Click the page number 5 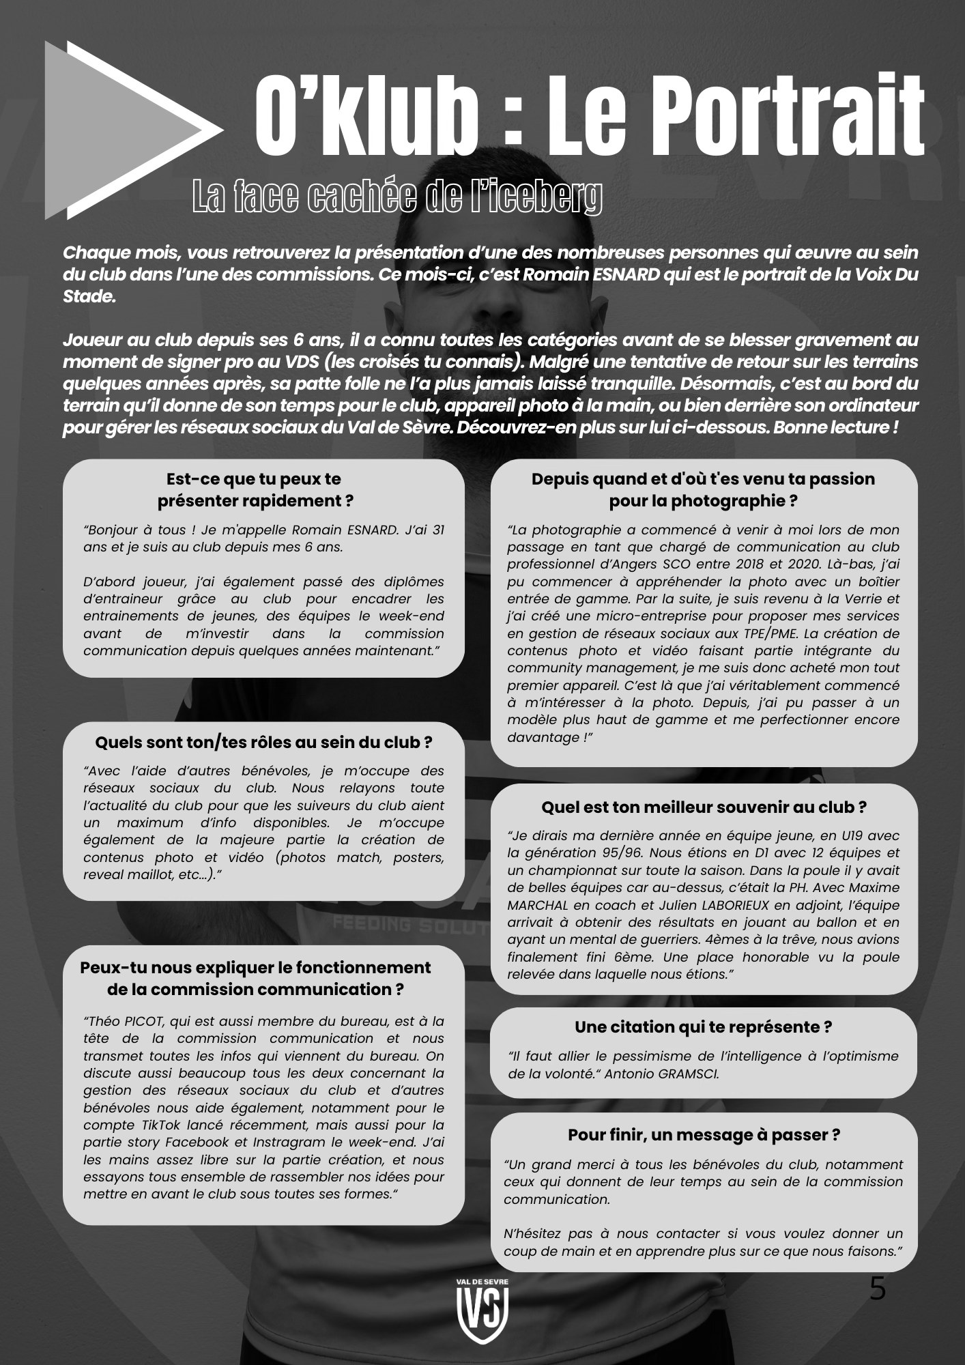[878, 1289]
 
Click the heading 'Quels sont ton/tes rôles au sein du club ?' [263, 741]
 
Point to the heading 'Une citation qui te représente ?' [703, 1026]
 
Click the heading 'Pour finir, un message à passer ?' [704, 1134]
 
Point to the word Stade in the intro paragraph [85, 298]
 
